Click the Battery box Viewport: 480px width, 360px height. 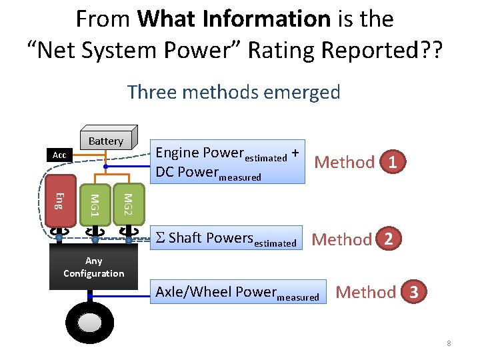(x=106, y=141)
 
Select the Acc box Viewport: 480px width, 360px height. (x=59, y=155)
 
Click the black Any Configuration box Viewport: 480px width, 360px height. (x=93, y=267)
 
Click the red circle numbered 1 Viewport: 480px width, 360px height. (x=394, y=162)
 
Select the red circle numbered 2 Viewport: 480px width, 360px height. (x=392, y=239)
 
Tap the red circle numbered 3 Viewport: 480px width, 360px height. (x=414, y=292)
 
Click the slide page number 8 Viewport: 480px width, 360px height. (x=449, y=343)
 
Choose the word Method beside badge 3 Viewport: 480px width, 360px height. (x=366, y=292)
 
